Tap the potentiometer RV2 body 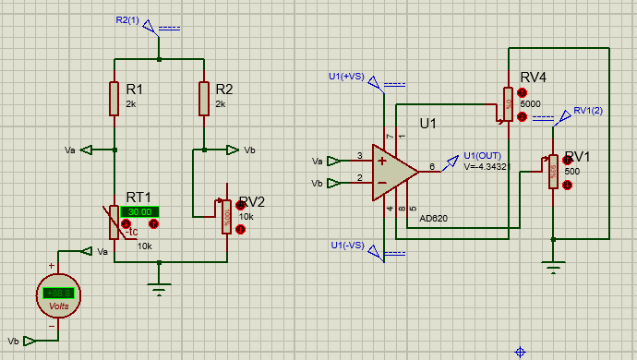click(225, 216)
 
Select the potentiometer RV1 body click(552, 171)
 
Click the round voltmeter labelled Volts click(58, 296)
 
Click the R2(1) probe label click(127, 19)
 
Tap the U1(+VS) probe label click(346, 76)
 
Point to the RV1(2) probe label click(587, 111)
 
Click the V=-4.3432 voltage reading click(487, 166)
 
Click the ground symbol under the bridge click(160, 289)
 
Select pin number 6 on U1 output click(431, 166)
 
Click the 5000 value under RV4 click(530, 104)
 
